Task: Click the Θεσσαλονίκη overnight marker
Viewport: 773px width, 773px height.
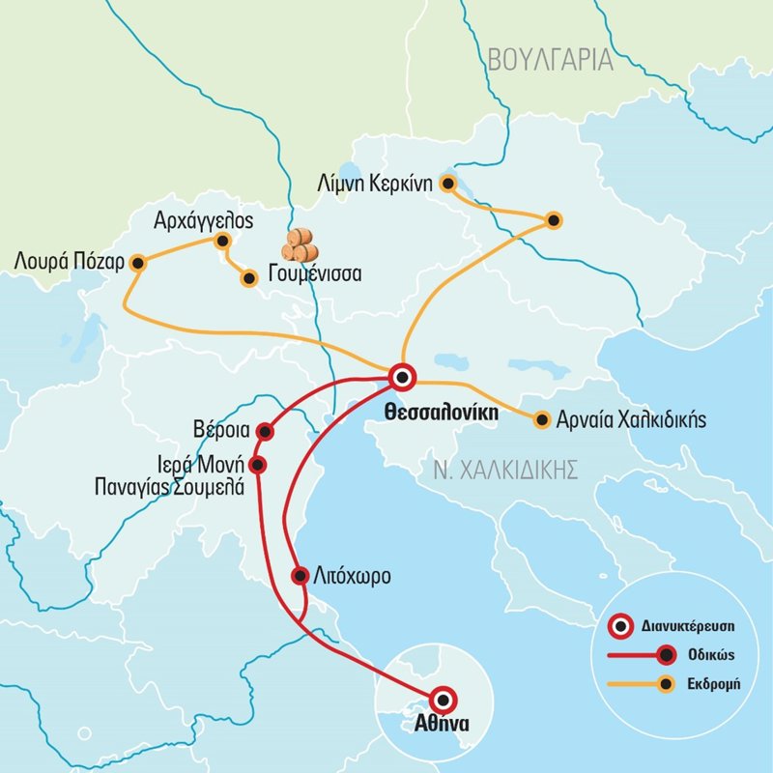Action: [402, 377]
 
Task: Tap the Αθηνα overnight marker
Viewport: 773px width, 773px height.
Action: [444, 700]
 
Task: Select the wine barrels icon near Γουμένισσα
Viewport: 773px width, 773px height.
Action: [301, 245]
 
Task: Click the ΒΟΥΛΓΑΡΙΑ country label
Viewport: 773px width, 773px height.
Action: [551, 60]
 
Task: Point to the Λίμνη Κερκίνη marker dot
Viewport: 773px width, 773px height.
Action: [447, 181]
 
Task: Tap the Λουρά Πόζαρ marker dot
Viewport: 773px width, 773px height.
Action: [138, 262]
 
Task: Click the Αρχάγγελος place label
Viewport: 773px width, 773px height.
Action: [203, 220]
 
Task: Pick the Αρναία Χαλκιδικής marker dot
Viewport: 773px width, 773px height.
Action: [540, 419]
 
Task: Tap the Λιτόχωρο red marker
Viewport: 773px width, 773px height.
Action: [300, 577]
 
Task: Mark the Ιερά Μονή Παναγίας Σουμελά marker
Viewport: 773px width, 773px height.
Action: [257, 465]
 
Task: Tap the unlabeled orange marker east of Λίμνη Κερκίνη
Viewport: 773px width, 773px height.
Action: [553, 220]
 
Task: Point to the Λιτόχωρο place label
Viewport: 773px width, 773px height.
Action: [353, 578]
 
